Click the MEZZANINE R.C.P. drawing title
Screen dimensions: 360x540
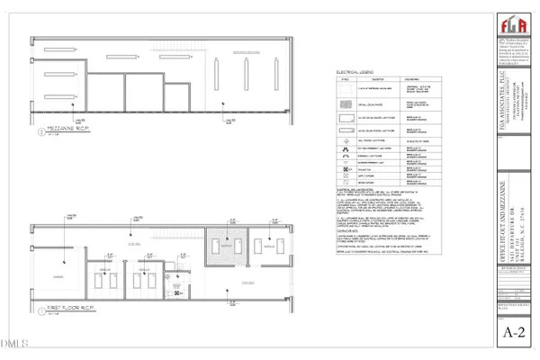click(62, 140)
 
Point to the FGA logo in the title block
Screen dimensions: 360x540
click(509, 28)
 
